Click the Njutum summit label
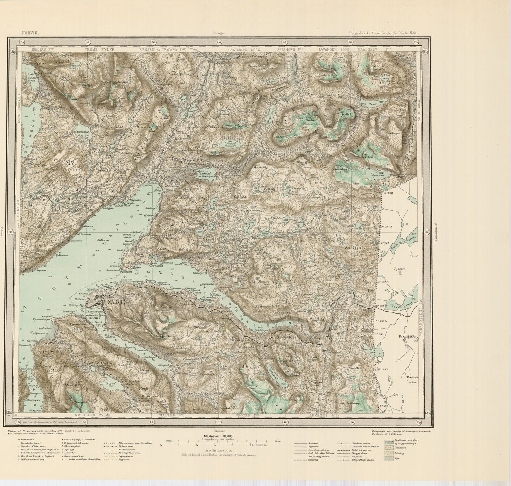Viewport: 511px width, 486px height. [x=400, y=268]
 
